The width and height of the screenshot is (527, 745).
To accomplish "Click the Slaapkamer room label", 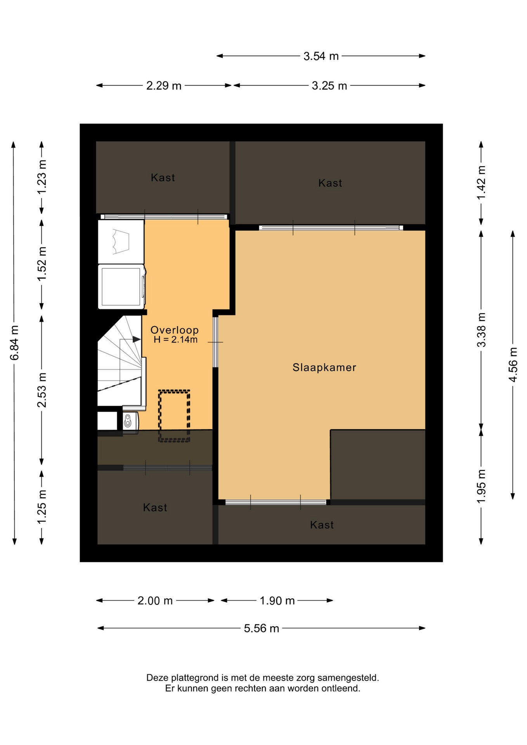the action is [x=324, y=367].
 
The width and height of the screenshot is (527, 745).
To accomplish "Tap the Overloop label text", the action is [x=174, y=330].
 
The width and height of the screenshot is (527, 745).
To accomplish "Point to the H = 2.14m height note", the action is [x=175, y=340].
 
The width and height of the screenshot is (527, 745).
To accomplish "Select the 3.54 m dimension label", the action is [x=321, y=56].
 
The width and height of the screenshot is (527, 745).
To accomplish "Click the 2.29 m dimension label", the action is [x=164, y=86].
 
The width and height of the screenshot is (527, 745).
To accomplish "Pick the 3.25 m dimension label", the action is [x=329, y=86].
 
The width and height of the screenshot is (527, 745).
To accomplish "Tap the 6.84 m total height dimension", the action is [x=14, y=343].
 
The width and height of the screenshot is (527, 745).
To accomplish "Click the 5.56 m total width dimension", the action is [x=261, y=628].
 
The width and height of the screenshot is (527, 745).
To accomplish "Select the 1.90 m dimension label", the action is [x=277, y=601].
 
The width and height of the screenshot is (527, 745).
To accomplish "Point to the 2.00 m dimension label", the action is [x=155, y=601].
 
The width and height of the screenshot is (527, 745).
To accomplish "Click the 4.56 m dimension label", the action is [x=513, y=365].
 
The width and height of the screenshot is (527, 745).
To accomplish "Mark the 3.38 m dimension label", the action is [x=481, y=330].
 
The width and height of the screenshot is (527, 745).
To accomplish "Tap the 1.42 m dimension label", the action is [x=481, y=183].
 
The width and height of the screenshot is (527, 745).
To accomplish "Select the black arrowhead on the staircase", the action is [x=137, y=340].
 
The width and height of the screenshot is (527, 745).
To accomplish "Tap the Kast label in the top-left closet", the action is [x=163, y=178].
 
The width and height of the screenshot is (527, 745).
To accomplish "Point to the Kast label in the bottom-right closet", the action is [x=322, y=525].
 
